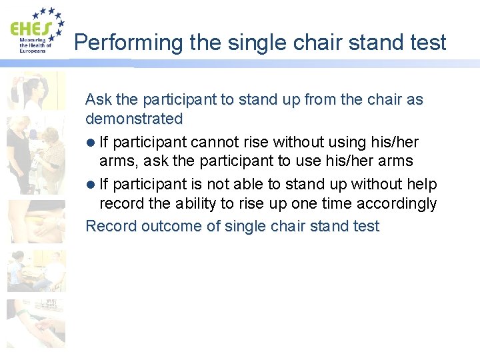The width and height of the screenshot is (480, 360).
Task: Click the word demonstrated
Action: (134, 119)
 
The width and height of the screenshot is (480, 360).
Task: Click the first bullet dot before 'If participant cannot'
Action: (90, 143)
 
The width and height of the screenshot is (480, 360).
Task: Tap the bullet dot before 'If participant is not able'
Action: (90, 185)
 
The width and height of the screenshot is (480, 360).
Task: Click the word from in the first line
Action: (320, 100)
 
